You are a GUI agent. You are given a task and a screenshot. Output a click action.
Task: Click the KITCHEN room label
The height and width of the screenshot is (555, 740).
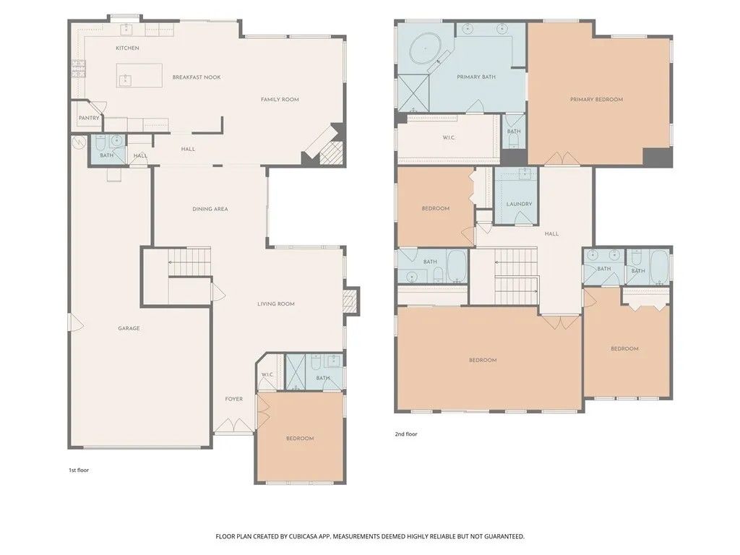127,48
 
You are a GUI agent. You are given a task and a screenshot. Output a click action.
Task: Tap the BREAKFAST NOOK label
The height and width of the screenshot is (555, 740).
197,77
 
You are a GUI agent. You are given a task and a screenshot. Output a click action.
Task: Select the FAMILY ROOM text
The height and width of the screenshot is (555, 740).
280,100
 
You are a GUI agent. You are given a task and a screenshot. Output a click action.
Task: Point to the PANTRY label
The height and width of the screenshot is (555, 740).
90,119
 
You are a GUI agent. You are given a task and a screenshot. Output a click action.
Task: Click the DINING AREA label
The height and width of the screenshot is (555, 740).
210,209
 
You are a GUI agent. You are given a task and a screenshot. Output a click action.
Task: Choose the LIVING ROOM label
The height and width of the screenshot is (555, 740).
276,304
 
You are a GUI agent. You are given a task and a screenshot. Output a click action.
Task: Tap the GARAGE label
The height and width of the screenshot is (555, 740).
129,329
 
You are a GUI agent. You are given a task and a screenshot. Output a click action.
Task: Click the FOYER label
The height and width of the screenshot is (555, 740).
233,399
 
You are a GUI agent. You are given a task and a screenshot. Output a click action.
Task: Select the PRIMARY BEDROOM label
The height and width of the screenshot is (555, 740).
596,100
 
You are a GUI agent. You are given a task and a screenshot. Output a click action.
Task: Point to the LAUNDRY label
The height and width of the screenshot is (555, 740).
519,205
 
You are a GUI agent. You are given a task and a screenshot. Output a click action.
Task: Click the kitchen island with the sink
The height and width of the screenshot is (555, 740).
139,75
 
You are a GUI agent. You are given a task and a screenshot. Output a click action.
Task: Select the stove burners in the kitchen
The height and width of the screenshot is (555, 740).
78,69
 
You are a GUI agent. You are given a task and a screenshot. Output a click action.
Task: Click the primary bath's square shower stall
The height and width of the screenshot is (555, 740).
413,92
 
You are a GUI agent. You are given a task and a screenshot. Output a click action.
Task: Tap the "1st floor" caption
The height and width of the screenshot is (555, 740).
79,470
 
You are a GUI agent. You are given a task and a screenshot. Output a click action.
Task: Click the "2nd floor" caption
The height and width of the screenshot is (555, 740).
406,434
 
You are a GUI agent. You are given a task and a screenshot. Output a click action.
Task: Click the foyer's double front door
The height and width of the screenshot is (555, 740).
234,431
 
